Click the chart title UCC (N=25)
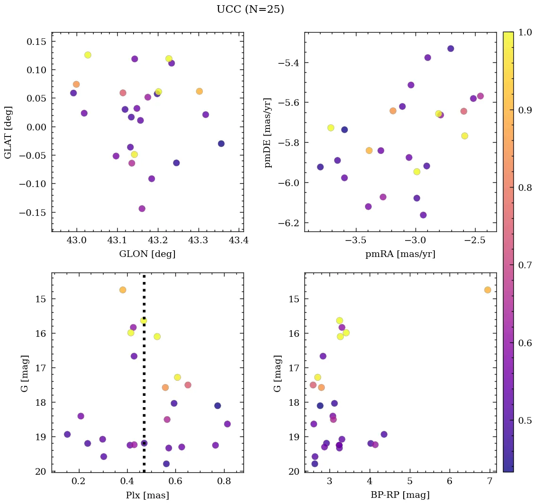tap(250, 9)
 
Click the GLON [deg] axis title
tap(147, 254)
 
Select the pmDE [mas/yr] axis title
tap(268, 132)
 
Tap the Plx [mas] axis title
tap(147, 495)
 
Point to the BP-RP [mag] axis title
tap(400, 495)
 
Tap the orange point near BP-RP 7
tap(487, 290)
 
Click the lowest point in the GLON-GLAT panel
tap(142, 208)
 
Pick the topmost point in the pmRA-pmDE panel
tap(450, 49)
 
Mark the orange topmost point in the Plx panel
tap(123, 290)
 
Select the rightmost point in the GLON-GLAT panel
tap(221, 144)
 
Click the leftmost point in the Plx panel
tap(67, 434)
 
